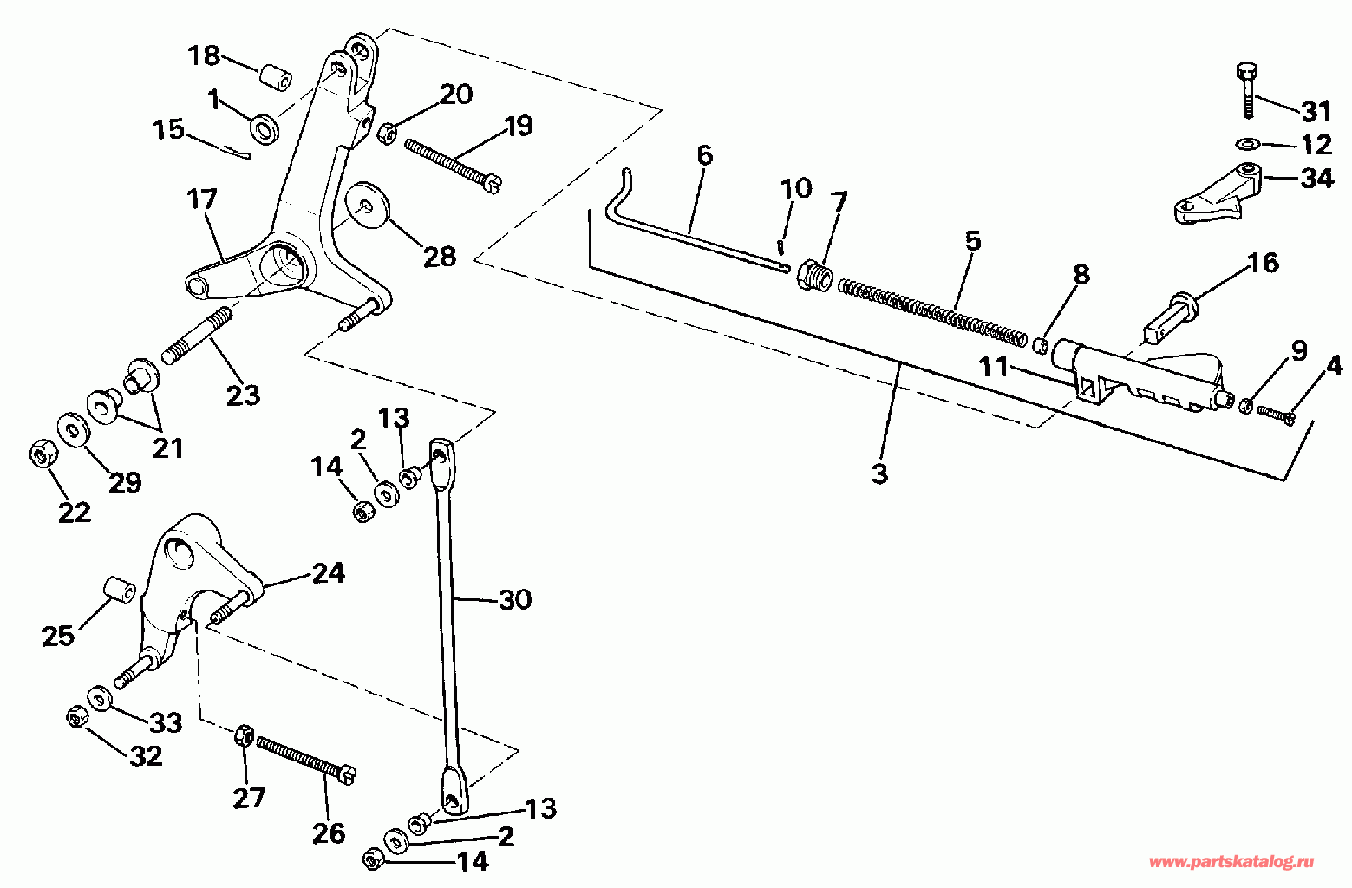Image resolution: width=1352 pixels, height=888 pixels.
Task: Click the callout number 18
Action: coord(204,55)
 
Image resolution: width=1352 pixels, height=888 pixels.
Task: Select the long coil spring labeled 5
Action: coord(932,313)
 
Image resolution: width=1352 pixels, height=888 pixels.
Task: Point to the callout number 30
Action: coord(515,599)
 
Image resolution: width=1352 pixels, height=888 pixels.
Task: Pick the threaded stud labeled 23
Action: coord(197,336)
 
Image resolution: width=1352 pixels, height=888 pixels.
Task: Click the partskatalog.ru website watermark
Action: coord(1231,863)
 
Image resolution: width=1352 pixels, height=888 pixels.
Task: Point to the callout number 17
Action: coord(201,199)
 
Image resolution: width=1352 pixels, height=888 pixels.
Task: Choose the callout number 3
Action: coord(879,473)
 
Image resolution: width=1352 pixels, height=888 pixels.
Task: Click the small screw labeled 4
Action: coord(1276,415)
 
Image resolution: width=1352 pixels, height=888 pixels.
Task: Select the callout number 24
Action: coord(329,573)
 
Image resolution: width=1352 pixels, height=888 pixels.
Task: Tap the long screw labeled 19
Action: coord(454,166)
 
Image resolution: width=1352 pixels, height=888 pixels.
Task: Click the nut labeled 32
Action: coord(76,718)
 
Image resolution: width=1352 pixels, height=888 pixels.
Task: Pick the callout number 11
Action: coord(994,367)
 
